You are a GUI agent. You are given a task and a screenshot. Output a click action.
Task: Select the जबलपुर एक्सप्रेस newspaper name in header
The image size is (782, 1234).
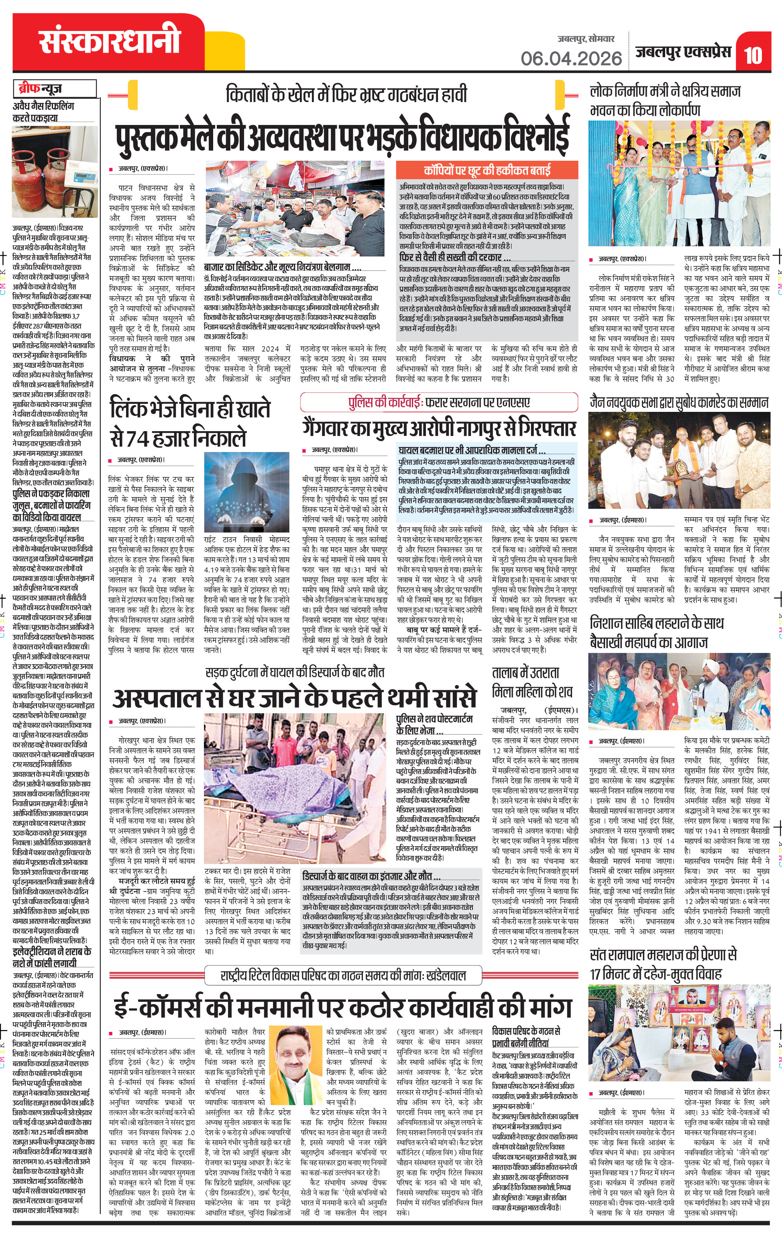tap(683, 52)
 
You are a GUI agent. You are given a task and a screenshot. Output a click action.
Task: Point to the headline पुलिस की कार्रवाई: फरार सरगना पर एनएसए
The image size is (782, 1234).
tap(439, 402)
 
